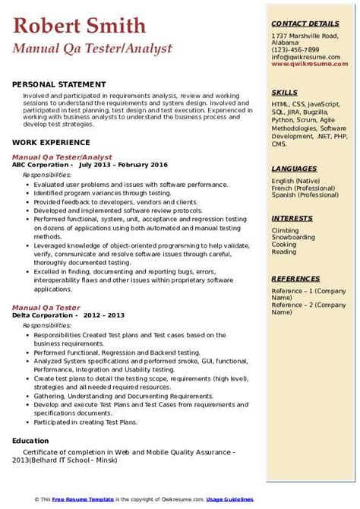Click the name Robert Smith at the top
point(80,27)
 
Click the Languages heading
point(294,169)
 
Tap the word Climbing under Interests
point(286,229)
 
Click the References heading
point(295,278)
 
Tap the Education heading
point(33,441)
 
